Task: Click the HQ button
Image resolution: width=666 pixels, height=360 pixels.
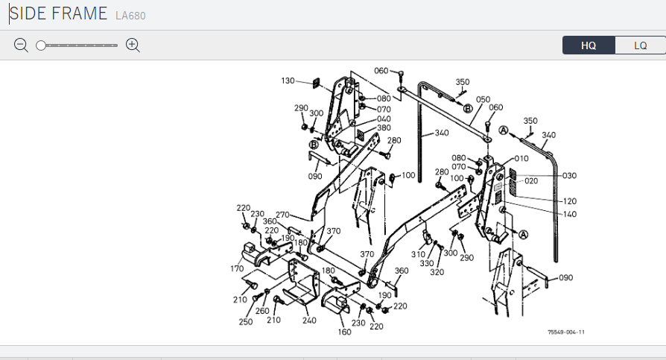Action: click(x=589, y=45)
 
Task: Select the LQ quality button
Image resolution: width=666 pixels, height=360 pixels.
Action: click(x=640, y=45)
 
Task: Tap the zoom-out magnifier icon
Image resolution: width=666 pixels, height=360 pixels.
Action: click(x=21, y=45)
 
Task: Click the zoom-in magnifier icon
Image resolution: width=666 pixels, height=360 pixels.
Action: click(x=133, y=45)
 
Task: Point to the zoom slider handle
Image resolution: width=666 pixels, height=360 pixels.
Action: click(x=41, y=45)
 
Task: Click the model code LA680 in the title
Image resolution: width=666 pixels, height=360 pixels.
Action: click(x=131, y=16)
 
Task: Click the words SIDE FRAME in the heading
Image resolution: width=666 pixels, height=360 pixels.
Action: click(x=58, y=15)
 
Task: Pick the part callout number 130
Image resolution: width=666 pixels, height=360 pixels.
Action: click(x=288, y=80)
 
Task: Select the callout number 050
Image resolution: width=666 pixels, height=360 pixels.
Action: click(x=483, y=99)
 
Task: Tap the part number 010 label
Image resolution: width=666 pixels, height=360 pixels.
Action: click(x=520, y=158)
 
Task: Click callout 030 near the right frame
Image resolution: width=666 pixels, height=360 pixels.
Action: click(x=570, y=176)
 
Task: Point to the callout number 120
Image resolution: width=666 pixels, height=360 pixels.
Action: click(x=570, y=201)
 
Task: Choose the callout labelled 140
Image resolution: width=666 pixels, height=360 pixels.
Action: click(x=570, y=214)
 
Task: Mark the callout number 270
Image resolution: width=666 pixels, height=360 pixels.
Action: click(x=282, y=215)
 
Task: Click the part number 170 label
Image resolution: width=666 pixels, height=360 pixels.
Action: click(x=237, y=268)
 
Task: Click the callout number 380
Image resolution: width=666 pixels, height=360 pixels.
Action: click(x=384, y=128)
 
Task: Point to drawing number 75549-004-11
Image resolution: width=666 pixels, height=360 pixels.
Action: click(x=566, y=332)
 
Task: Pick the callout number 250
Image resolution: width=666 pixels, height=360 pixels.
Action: click(x=246, y=322)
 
